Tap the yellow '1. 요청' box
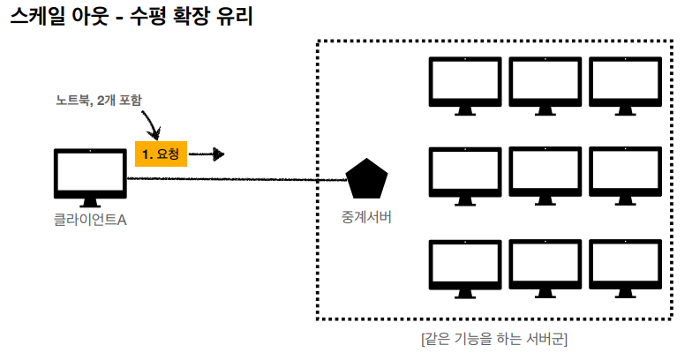(x=161, y=154)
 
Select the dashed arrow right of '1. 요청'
(x=207, y=154)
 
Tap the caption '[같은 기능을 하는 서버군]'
(x=494, y=338)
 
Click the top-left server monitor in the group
(x=465, y=83)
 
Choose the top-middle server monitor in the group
(x=545, y=83)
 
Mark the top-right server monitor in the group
(x=624, y=83)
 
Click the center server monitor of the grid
(x=545, y=172)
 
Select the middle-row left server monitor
(x=465, y=172)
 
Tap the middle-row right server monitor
(x=624, y=172)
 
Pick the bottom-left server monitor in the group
(x=465, y=262)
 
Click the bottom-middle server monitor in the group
(x=545, y=262)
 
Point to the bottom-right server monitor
(x=624, y=262)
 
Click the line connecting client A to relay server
(x=238, y=180)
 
